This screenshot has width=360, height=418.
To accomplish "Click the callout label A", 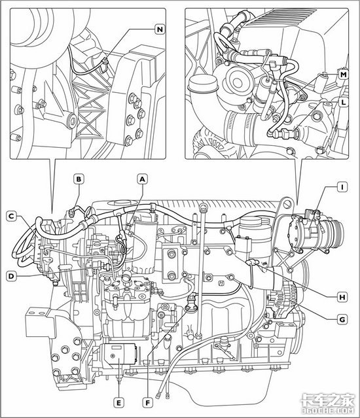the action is pyautogui.click(x=143, y=179).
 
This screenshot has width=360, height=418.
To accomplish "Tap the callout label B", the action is pyautogui.click(x=79, y=179).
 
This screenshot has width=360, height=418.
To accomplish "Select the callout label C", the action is pyautogui.click(x=11, y=216).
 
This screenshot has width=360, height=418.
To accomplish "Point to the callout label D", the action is pyautogui.click(x=11, y=276).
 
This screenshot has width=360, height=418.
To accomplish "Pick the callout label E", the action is pyautogui.click(x=118, y=402).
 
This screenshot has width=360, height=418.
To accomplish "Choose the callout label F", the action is pyautogui.click(x=147, y=402).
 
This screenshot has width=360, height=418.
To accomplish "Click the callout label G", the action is pyautogui.click(x=342, y=319).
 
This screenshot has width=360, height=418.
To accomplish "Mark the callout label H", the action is pyautogui.click(x=342, y=297).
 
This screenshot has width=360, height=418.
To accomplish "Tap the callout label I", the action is pyautogui.click(x=342, y=187).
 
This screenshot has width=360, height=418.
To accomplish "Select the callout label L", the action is pyautogui.click(x=344, y=102).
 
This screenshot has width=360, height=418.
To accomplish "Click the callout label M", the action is pyautogui.click(x=344, y=74).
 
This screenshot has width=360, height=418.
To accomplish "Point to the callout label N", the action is pyautogui.click(x=160, y=29).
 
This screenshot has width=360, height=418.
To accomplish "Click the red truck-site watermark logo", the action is pyautogui.click(x=328, y=404).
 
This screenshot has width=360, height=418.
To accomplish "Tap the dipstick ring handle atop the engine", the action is pyautogui.click(x=203, y=206).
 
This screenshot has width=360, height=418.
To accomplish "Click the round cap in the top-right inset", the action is pyautogui.click(x=203, y=83).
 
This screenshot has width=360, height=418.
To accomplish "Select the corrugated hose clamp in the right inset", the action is pyautogui.click(x=240, y=129).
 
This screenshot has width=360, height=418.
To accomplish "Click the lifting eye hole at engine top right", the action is pyautogui.click(x=287, y=204).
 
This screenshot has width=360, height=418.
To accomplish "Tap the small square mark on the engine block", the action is pyautogui.click(x=221, y=283).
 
